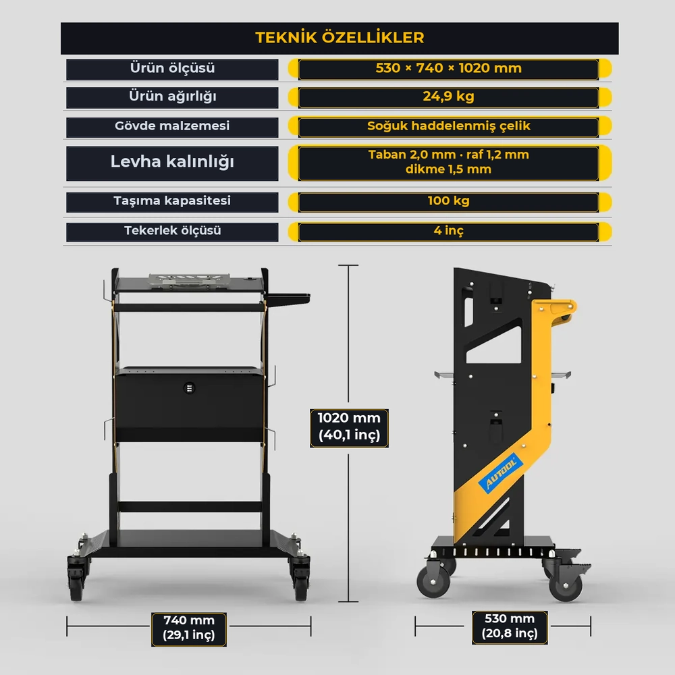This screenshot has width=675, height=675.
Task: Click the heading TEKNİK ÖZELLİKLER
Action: click(x=340, y=37)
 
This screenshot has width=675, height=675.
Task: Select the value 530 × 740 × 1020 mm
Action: click(x=449, y=68)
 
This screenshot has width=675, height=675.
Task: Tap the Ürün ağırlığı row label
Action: click(x=172, y=97)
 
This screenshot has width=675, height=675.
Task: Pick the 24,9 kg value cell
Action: click(x=449, y=97)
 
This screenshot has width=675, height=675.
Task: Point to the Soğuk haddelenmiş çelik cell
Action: click(x=449, y=126)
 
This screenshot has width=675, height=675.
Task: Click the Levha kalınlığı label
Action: click(x=172, y=162)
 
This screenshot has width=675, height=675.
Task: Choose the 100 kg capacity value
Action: click(x=449, y=200)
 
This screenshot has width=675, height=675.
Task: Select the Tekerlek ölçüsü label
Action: click(x=172, y=231)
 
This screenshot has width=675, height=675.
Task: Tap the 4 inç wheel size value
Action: click(x=449, y=231)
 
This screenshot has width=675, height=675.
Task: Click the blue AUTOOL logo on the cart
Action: click(x=501, y=473)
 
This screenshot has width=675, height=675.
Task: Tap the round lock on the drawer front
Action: click(x=189, y=388)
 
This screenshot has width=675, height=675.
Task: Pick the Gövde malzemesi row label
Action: click(x=172, y=126)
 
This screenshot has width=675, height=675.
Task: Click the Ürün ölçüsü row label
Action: click(x=172, y=68)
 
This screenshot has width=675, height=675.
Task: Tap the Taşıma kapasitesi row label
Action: click(x=172, y=200)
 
